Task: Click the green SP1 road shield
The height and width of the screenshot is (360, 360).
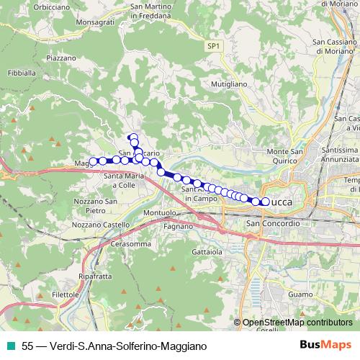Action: coord(212,46)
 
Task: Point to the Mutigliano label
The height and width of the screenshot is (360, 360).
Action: coord(229,84)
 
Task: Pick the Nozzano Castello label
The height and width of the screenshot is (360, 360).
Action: coord(101,225)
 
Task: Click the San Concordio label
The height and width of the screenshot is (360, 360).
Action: coord(273,224)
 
